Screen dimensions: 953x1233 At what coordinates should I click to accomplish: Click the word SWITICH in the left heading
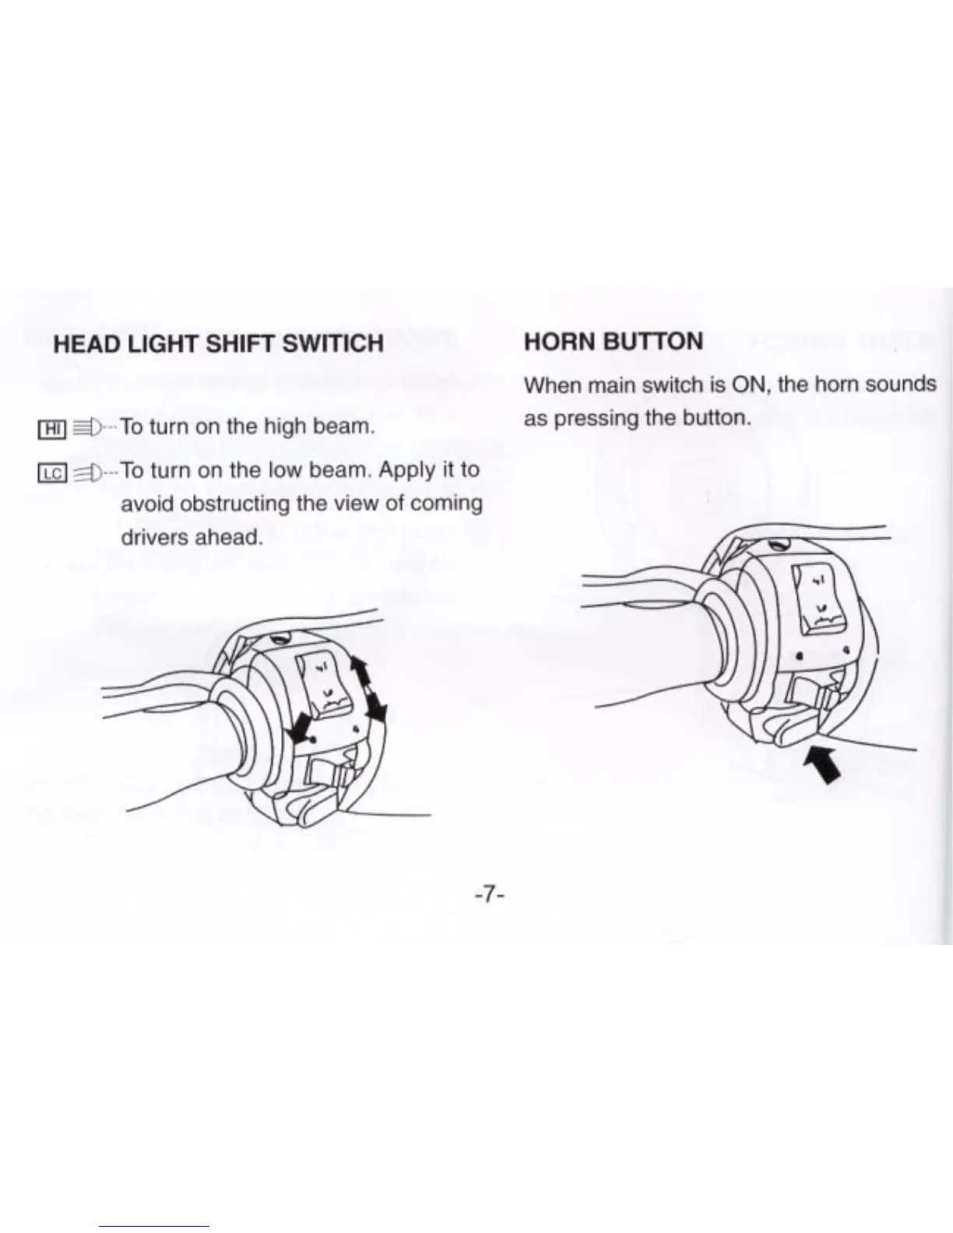point(332,343)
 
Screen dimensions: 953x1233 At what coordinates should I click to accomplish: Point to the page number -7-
point(490,895)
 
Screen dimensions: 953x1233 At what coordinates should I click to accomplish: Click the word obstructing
point(236,504)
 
